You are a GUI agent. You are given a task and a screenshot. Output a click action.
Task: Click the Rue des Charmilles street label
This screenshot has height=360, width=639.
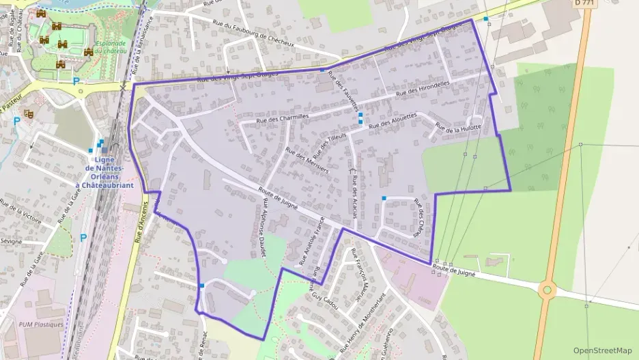click(x=283, y=117)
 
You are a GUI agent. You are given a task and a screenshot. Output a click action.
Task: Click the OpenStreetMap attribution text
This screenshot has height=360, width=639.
click(x=603, y=350)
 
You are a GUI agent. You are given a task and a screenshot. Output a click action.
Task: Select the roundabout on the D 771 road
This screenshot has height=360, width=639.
click(x=546, y=290)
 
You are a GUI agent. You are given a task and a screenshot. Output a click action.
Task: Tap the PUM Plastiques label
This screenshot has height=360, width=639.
click(x=42, y=324)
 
